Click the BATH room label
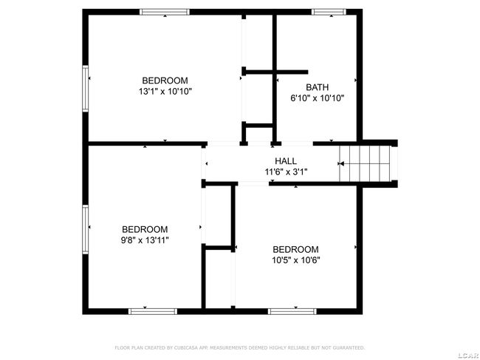click(317, 86)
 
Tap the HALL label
click(286, 161)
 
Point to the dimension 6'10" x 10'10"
click(317, 98)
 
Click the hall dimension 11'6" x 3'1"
click(286, 171)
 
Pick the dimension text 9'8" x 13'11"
click(145, 240)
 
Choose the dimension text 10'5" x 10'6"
click(295, 259)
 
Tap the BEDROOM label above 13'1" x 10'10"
click(165, 80)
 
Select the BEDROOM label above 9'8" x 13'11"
click(145, 229)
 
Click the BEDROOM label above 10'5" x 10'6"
click(295, 249)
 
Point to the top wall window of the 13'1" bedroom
click(165, 11)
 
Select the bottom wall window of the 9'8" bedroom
click(153, 311)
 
